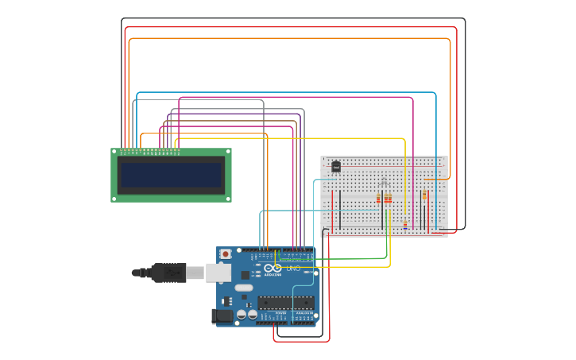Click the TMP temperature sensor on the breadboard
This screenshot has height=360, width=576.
pos(336,167)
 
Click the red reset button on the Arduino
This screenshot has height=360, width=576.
pos(226,254)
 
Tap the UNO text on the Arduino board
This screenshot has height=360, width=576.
pos(293,269)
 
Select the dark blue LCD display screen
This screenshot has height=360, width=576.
pos(171,175)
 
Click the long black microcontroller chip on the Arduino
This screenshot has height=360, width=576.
pos(285,302)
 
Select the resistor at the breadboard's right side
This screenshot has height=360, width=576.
pos(424,195)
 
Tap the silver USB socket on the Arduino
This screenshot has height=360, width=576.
pos(218,273)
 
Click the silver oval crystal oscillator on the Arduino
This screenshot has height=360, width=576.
pos(244,287)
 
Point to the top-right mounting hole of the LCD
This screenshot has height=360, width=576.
pos(227,151)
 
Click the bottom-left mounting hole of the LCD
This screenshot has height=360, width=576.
pos(114,199)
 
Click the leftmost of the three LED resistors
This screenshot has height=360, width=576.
pos(378,199)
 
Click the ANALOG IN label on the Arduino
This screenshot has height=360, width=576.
pos(304,314)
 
